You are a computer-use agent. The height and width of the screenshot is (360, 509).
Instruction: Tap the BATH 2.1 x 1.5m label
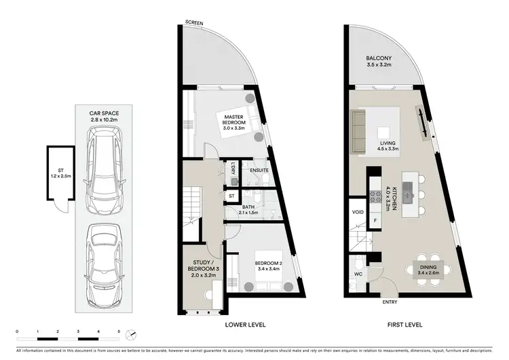click(248, 210)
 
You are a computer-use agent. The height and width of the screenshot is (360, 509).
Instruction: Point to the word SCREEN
click(195, 24)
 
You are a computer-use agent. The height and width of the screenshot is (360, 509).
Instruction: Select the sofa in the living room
click(361, 124)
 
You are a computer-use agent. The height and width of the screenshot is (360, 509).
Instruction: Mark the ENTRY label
click(390, 302)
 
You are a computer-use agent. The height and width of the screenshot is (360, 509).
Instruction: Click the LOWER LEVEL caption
click(245, 324)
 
